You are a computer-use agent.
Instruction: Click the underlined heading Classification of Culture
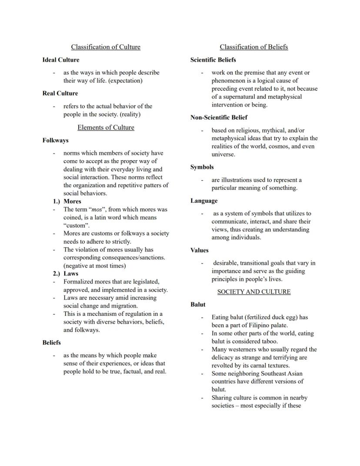[x=106, y=47]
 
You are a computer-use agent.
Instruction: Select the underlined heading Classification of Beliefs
[x=253, y=47]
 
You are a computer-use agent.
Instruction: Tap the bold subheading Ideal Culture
[x=61, y=60]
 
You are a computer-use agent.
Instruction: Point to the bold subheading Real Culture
[x=60, y=93]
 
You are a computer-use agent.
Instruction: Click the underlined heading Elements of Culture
[x=106, y=127]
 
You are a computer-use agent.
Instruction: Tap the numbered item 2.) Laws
[x=66, y=274]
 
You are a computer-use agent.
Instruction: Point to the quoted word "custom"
[x=76, y=225]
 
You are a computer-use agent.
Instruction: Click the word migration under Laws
[x=113, y=306]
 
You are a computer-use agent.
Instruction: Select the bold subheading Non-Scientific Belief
[x=219, y=117]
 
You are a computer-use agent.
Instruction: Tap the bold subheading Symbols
[x=202, y=167]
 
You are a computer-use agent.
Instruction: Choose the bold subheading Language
[x=204, y=201]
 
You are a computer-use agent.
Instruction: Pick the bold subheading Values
[x=199, y=250]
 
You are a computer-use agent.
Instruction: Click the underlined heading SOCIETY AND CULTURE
[x=253, y=292]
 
